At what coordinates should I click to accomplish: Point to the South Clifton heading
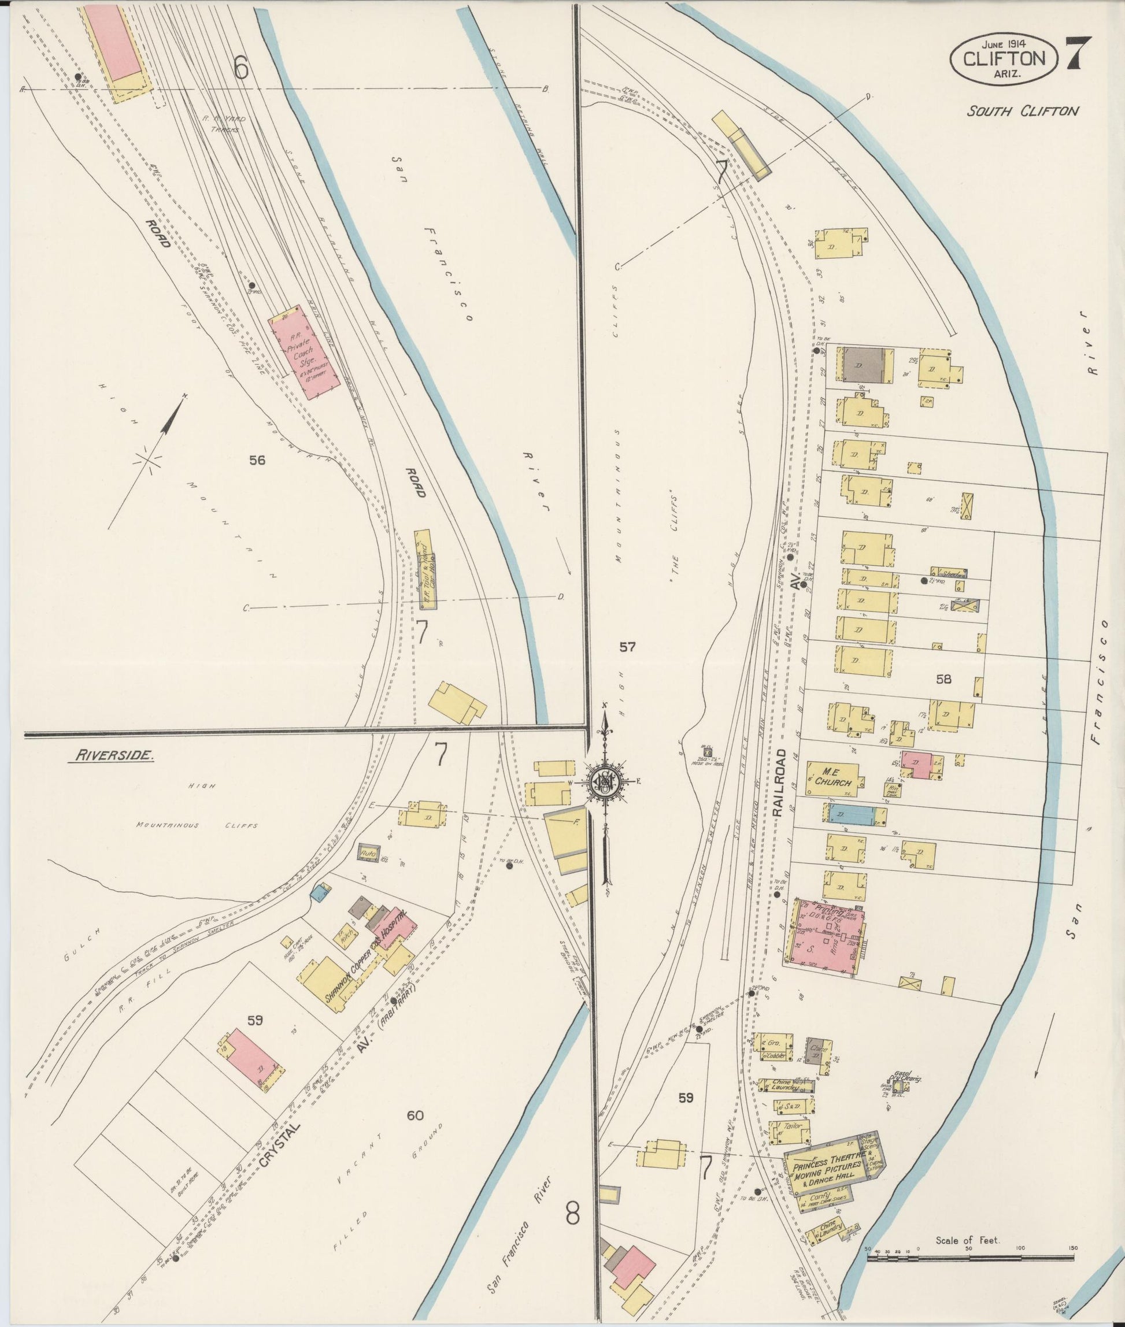[1022, 112]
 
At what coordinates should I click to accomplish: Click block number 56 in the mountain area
[257, 459]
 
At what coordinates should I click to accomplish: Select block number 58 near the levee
[943, 679]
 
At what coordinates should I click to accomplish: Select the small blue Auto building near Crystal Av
[368, 852]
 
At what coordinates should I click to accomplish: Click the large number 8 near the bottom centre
[572, 1214]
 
